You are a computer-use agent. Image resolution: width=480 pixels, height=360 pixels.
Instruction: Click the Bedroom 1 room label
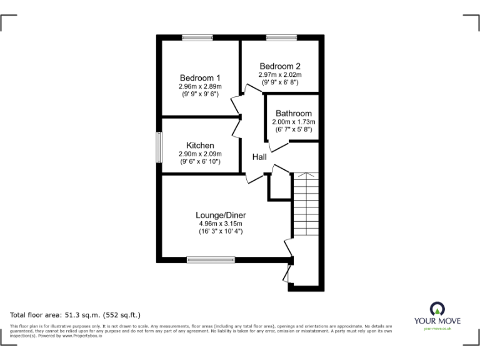point(200,77)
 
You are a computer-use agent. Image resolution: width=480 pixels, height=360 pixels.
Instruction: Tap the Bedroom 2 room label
point(281,66)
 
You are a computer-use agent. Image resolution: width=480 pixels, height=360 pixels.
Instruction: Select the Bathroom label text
point(293,114)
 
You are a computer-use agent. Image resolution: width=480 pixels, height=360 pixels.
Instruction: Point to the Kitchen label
point(200,146)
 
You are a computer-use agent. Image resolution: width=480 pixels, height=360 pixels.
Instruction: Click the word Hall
point(260,157)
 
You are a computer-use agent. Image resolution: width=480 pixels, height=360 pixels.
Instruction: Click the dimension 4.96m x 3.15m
point(216,223)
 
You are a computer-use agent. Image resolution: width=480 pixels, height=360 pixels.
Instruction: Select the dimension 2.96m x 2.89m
point(200,86)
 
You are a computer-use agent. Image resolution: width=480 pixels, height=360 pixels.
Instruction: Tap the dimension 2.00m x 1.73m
point(293,122)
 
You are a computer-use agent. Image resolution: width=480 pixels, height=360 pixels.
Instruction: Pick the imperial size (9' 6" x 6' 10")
point(200,162)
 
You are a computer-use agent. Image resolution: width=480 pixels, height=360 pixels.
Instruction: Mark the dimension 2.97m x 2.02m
point(281,74)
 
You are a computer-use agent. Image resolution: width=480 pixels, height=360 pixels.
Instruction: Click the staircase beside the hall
point(306,206)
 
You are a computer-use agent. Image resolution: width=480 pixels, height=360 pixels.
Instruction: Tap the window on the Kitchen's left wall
point(159,147)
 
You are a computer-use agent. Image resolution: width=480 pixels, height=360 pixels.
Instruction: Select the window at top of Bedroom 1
point(194,38)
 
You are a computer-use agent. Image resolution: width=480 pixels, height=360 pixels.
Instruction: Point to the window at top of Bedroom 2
point(281,38)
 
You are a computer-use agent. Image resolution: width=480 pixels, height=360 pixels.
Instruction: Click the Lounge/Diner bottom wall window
point(211,259)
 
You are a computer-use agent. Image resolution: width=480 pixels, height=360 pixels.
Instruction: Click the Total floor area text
point(76,315)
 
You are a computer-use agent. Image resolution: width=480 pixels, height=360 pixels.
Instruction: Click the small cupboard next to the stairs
point(279,186)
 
